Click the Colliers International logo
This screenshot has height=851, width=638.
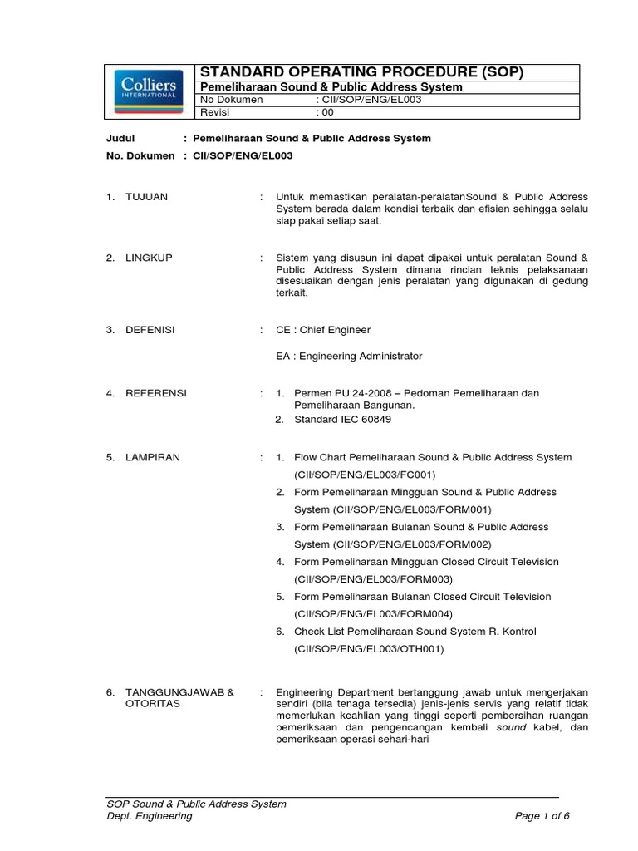coord(149,92)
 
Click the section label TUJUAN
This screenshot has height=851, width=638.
coord(146,197)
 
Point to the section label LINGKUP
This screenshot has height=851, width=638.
coord(148,258)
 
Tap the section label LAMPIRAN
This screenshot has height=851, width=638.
coord(152,457)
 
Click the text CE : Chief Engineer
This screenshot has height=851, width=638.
coord(323,330)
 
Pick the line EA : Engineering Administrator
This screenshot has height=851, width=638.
coord(349,356)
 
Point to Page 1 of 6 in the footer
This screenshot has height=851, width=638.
coord(542,816)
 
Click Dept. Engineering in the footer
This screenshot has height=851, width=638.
coord(150,816)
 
